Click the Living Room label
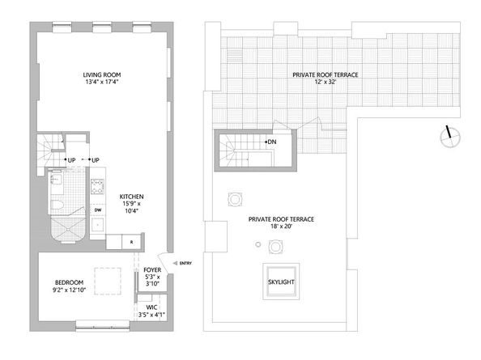102,74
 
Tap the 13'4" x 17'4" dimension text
102,82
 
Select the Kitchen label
132,197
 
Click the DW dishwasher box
98,210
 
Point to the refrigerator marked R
132,242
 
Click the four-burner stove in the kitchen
97,187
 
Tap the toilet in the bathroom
57,205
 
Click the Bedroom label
69,282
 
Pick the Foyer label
152,270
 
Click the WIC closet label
151,307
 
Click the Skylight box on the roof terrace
281,282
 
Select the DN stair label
272,142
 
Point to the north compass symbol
450,137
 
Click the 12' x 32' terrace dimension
326,82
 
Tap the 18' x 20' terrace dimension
281,227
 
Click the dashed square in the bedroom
108,282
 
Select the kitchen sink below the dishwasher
98,225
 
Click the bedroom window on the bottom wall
103,326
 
